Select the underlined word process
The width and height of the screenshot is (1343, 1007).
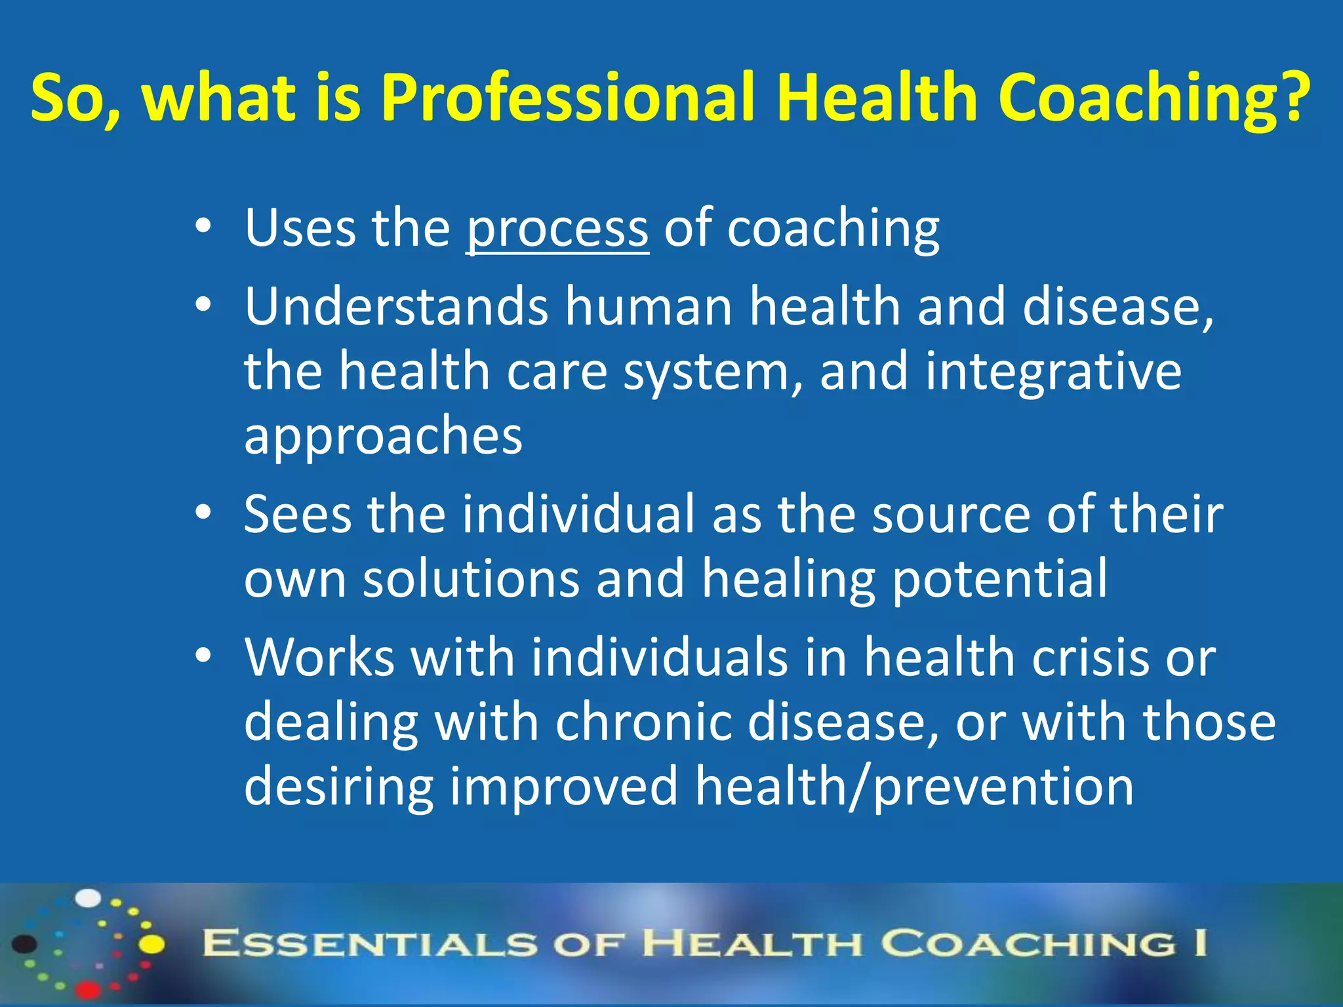click(x=557, y=228)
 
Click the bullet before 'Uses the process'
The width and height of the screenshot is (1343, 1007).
click(x=203, y=227)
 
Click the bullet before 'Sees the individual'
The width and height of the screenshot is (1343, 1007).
click(x=203, y=513)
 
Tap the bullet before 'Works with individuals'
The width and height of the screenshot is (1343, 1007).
click(x=203, y=656)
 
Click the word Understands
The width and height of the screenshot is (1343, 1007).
click(x=396, y=306)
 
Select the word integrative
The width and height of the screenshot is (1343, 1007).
click(x=1053, y=371)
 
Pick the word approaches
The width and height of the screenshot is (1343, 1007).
click(x=383, y=435)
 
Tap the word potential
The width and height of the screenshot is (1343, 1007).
click(x=1000, y=578)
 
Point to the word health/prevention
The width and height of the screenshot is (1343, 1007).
click(x=914, y=786)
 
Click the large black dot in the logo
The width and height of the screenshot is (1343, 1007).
click(x=25, y=944)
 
